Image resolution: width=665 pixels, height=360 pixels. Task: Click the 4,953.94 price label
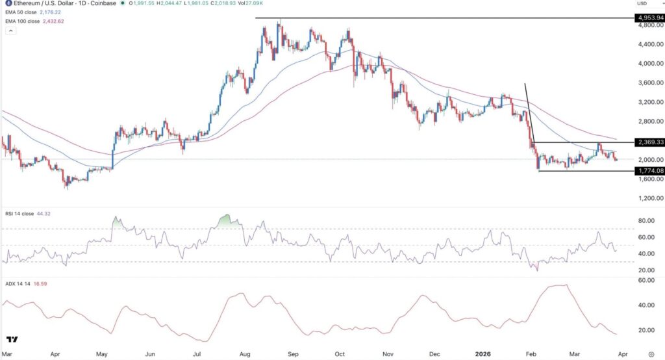pos(649,18)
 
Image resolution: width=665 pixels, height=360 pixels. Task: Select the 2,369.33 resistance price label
pos(649,142)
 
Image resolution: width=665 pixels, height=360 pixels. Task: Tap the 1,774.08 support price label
pos(649,170)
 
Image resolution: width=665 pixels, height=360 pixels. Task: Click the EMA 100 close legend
pos(38,21)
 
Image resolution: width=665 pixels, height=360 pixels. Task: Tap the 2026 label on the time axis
pos(482,354)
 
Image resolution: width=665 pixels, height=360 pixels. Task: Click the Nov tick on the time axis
pos(388,354)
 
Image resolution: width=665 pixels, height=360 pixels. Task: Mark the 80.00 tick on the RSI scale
pos(646,221)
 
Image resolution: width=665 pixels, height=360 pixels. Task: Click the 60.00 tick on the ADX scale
pos(646,280)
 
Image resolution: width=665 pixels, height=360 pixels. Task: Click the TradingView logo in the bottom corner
pos(13,339)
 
